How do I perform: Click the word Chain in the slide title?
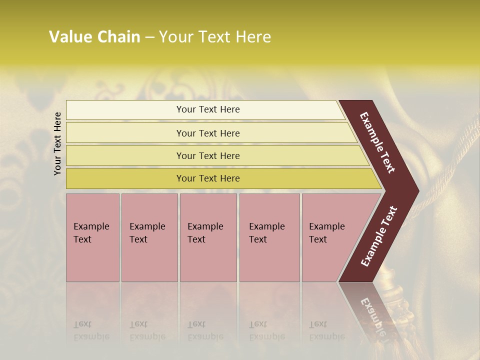tap(118, 37)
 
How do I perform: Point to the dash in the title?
tap(149, 37)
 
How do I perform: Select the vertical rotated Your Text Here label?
tap(57, 143)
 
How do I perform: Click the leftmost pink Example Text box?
tap(92, 237)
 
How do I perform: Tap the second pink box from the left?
tap(149, 237)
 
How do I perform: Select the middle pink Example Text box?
tap(208, 237)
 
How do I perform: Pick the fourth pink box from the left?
tap(269, 237)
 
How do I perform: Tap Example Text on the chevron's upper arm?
tap(377, 142)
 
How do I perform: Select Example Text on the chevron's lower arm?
tap(378, 236)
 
